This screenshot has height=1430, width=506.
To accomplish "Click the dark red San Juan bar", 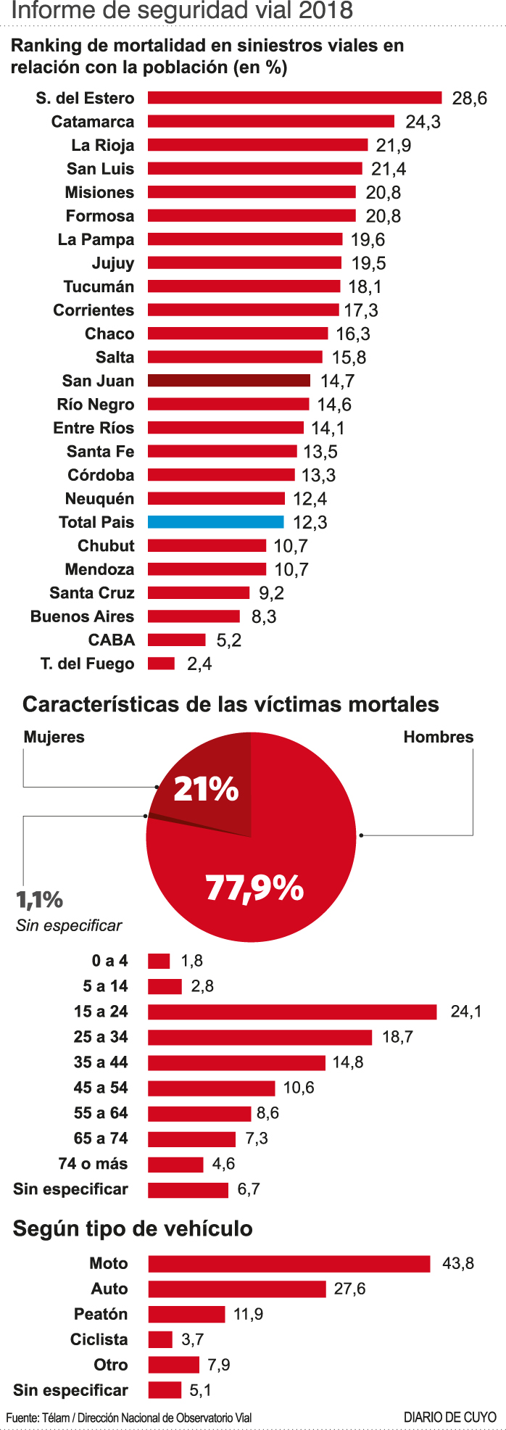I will point(229,381).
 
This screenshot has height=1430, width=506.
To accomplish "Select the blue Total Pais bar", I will point(215,522).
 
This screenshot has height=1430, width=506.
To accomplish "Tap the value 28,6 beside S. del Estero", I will point(469,99).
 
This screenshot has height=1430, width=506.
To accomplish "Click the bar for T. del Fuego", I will point(161,664).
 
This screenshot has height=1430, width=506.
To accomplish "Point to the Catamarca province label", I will point(93,122).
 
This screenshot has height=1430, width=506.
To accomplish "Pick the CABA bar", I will point(177,640).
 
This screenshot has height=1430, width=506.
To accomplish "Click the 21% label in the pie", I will point(206,790).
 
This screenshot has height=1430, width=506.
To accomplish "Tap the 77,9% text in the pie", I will point(254,887).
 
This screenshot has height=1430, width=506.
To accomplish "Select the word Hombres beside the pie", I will point(438,737).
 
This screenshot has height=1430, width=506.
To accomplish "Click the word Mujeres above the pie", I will point(54,737).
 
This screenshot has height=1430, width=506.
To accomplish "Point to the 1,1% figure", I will point(40,900).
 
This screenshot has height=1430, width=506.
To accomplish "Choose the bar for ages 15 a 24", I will point(292,1012).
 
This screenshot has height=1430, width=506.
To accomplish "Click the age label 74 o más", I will point(93,1164).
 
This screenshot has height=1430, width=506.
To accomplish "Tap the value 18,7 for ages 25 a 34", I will point(397,1037).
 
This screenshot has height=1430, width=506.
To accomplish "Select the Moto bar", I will point(289,1264).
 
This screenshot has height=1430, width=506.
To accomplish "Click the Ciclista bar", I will point(160,1339).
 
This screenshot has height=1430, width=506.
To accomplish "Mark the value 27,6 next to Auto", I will point(349,1289).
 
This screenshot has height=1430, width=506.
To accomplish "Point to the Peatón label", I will point(101,1314).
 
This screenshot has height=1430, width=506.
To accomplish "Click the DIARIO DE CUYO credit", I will point(449,1417).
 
